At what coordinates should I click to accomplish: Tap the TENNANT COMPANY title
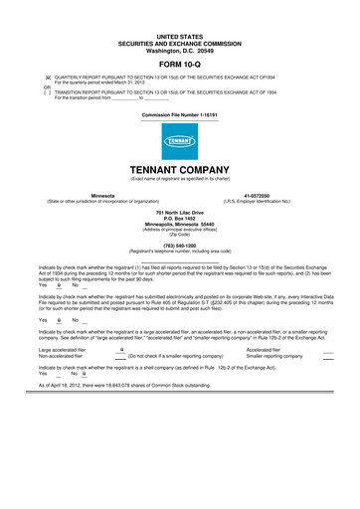point(180,170)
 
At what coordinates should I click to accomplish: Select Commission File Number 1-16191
point(180,115)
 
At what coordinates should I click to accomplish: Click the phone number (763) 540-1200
point(180,244)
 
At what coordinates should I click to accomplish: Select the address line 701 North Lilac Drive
point(180,213)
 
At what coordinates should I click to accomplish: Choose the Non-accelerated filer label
point(60,356)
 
